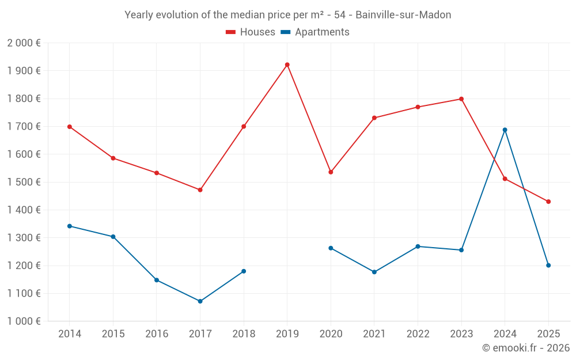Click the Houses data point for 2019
coord(287,65)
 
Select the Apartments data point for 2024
coord(505,130)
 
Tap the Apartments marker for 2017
coord(200,301)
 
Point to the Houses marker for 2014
coord(70,127)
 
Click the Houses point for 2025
coord(548,202)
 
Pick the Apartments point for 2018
coord(244,271)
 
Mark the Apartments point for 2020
coord(331,248)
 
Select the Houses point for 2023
coord(461,99)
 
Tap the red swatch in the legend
coord(231,32)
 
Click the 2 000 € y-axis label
coord(24,43)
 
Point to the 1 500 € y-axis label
coord(24,182)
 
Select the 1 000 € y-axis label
coord(24,321)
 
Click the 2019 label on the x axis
coord(287,334)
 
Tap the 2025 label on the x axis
coord(548,334)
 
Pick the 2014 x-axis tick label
coord(70,334)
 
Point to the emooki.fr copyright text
coord(525,348)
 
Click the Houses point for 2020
coord(331,172)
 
